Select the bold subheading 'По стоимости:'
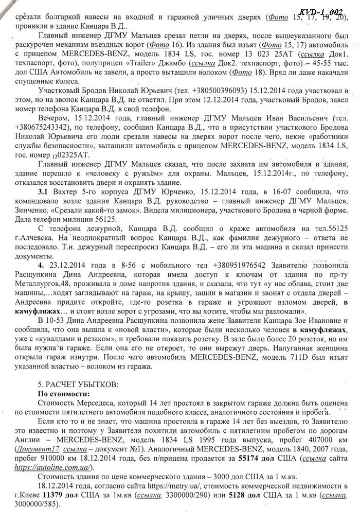click(63, 394)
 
